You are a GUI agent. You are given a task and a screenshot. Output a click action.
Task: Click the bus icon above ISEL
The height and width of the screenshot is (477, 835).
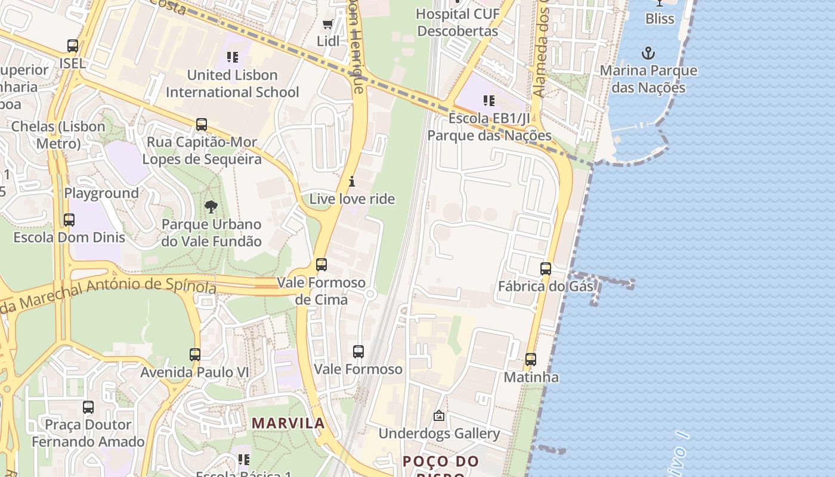pyautogui.click(x=73, y=46)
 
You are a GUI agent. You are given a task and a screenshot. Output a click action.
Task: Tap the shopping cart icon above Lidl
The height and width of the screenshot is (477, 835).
pyautogui.click(x=327, y=24)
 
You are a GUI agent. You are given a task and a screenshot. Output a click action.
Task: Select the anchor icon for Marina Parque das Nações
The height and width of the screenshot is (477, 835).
pyautogui.click(x=648, y=54)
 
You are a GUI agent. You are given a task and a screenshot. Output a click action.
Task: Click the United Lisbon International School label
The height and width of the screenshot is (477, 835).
pyautogui.click(x=233, y=83)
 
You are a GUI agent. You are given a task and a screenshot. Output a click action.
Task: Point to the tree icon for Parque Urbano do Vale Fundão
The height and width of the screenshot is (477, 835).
pyautogui.click(x=211, y=207)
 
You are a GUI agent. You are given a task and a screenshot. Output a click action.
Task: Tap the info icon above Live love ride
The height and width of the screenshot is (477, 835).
pyautogui.click(x=352, y=181)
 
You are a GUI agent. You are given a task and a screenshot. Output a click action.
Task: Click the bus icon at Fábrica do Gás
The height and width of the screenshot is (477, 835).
pyautogui.click(x=546, y=269)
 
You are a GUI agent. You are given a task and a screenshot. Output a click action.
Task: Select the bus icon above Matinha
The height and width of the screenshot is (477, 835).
pyautogui.click(x=531, y=360)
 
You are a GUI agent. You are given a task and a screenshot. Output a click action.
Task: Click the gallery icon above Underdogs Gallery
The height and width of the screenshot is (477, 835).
pyautogui.click(x=439, y=416)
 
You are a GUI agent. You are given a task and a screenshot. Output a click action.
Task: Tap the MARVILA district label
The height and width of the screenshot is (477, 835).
pyautogui.click(x=288, y=423)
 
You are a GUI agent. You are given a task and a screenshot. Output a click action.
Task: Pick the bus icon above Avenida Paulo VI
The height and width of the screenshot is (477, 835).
pyautogui.click(x=195, y=355)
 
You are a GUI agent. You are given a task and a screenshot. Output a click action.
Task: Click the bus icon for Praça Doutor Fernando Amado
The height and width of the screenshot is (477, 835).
pyautogui.click(x=88, y=407)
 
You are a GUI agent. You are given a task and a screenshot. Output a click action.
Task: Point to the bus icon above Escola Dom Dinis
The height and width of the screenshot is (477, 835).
pyautogui.click(x=69, y=220)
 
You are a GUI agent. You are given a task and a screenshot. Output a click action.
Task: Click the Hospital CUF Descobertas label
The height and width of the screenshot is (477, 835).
pyautogui.click(x=457, y=22)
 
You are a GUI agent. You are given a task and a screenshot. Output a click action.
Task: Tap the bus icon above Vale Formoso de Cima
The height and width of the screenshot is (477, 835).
pyautogui.click(x=321, y=265)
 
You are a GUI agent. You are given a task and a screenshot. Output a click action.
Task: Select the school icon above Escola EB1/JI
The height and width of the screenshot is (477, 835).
pyautogui.click(x=489, y=101)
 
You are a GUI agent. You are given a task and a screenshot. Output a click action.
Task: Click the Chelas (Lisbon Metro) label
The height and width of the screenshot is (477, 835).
pyautogui.click(x=58, y=135)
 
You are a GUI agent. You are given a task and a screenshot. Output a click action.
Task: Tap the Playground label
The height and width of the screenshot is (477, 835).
pyautogui.click(x=101, y=193)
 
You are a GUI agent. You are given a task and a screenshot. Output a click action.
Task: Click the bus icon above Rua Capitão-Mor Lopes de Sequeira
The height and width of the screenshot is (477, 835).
pyautogui.click(x=202, y=125)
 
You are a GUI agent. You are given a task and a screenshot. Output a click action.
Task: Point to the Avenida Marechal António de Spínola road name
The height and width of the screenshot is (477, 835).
pyautogui.click(x=113, y=292)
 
